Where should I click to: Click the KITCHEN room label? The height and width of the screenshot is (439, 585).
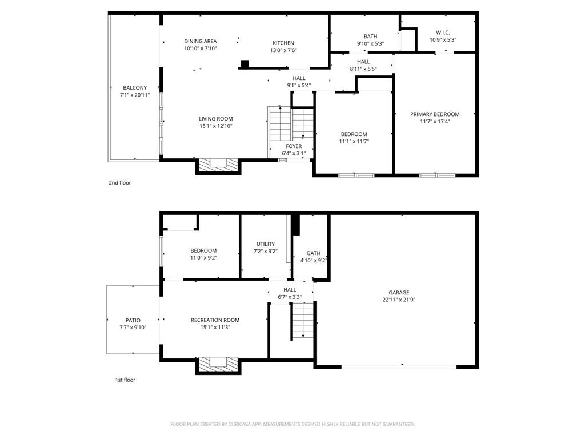point(283,43)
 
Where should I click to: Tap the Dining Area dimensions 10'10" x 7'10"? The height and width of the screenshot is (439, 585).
point(201,49)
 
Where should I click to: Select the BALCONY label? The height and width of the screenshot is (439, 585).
point(135,87)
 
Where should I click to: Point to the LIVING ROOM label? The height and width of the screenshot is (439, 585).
point(215,119)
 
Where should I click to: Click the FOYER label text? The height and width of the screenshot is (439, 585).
point(294,146)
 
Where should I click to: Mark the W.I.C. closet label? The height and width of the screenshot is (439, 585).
point(443,33)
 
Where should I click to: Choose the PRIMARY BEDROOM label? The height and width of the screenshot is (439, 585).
point(435,114)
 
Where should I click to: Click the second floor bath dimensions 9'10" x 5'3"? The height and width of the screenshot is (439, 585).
point(370,43)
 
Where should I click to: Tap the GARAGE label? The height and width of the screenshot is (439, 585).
point(399,292)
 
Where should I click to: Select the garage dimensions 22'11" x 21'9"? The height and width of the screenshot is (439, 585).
point(399,300)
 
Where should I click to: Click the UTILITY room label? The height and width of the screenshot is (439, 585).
point(265,244)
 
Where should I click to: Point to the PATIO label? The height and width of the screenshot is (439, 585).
point(133,320)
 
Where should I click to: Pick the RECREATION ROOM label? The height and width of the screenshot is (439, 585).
point(215,320)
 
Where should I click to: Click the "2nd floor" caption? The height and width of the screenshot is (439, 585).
point(120,182)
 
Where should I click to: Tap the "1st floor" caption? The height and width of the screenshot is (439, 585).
point(125,380)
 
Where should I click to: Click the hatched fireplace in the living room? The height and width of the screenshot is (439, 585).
point(218,165)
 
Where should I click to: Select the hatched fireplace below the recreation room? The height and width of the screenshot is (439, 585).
point(218,364)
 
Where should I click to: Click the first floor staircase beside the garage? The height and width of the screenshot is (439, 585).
point(303,320)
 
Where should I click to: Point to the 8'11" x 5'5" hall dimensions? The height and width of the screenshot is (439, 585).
point(363,69)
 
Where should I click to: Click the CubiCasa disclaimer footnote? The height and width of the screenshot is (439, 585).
point(292,424)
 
